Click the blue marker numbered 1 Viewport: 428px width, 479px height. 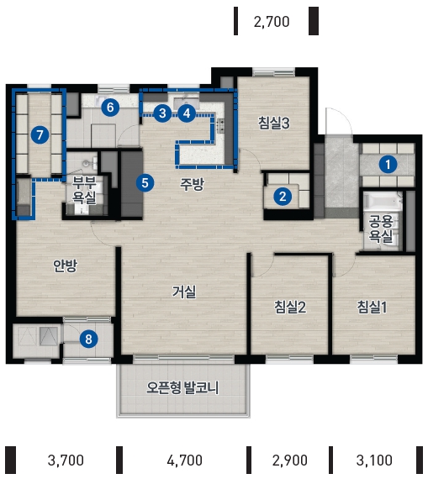coord(388,165)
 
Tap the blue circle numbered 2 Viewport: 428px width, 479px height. coord(283,196)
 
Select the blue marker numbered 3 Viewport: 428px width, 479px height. coord(162,113)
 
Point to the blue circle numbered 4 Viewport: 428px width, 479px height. coord(187,113)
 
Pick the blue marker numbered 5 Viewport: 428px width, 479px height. coord(145,182)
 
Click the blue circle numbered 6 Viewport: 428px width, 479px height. coord(110,107)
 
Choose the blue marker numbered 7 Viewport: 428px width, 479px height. coord(40,134)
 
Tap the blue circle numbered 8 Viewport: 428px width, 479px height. coord(88,339)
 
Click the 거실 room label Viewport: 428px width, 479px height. coord(184,292)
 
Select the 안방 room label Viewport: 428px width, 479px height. coord(65,266)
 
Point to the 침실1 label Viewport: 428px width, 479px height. coord(372,307)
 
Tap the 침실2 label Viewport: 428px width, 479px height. coord(290,307)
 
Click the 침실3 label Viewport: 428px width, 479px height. coord(273,123)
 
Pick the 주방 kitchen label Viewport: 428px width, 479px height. coord(192,184)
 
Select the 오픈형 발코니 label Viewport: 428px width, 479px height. coord(182,387)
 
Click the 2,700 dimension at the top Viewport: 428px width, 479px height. coord(272,22)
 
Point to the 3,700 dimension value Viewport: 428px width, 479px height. coord(66,460)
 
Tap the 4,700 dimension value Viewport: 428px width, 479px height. coord(184,460)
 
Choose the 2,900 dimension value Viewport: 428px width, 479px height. coord(290,460)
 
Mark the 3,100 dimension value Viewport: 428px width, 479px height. coord(374,460)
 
